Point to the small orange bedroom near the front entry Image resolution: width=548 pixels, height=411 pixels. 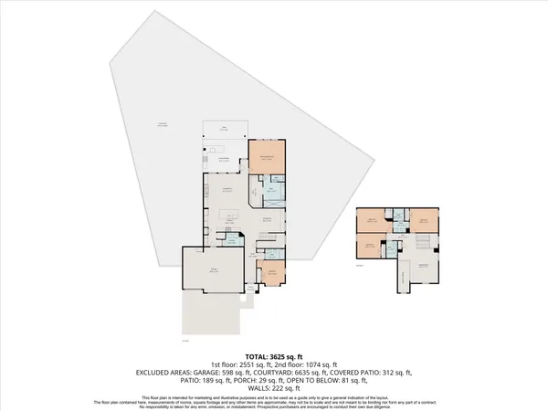pos(272,271)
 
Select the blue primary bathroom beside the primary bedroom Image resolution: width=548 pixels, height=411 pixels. pos(273,191)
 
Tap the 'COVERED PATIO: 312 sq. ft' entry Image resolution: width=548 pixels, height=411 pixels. pos(391,372)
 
